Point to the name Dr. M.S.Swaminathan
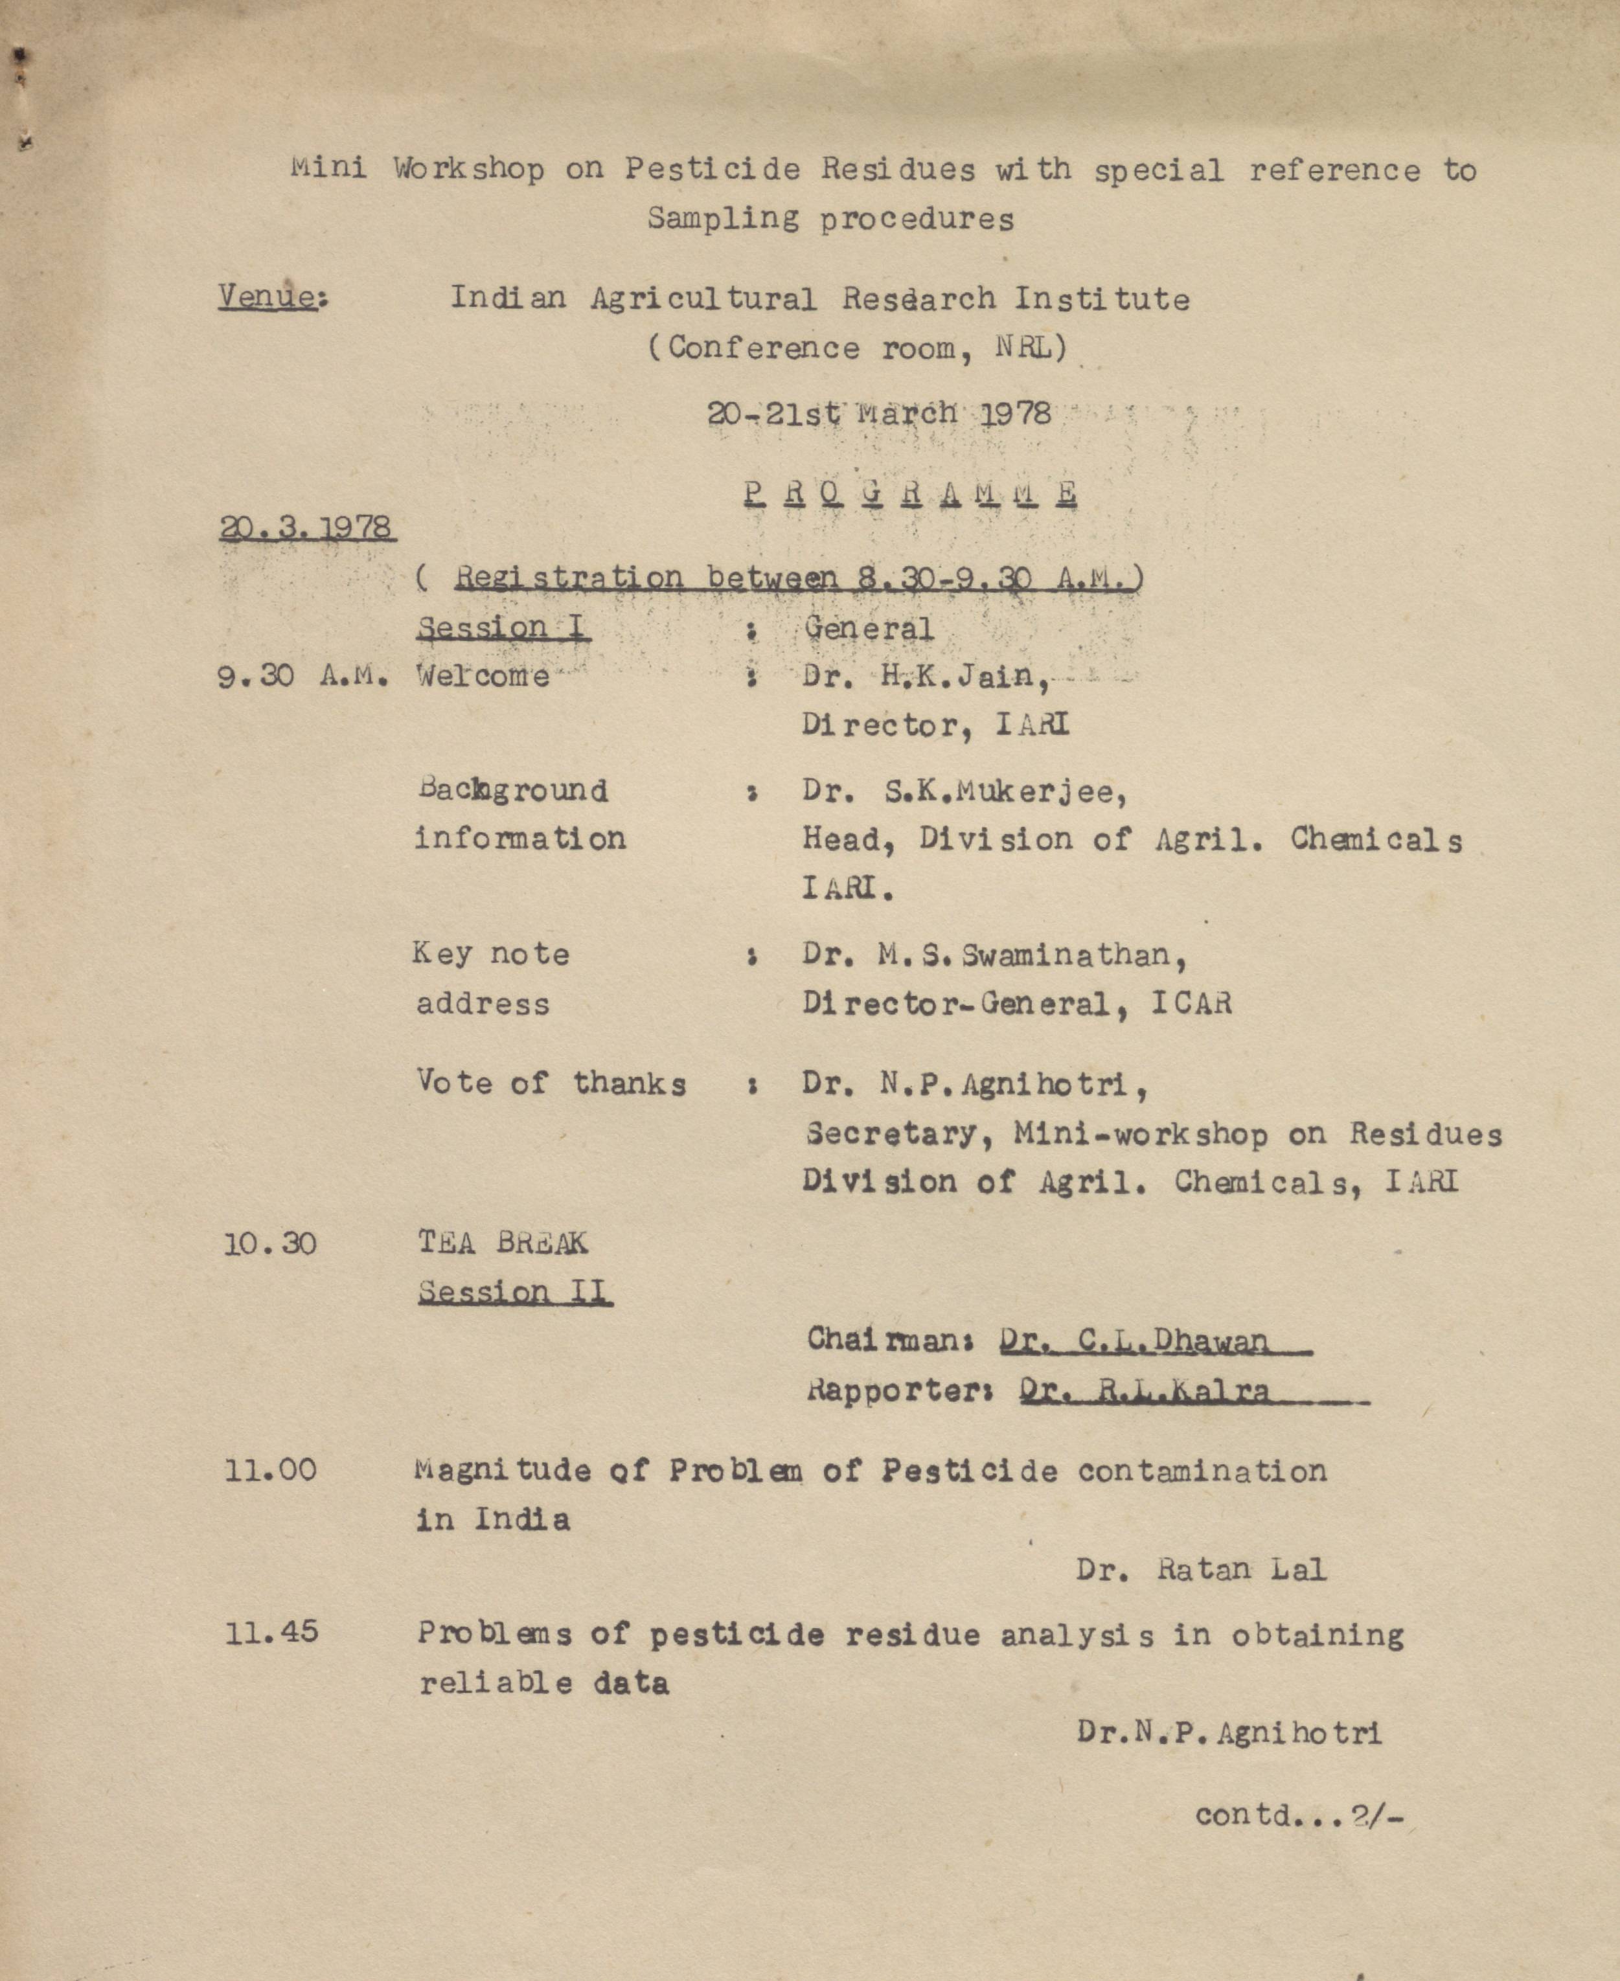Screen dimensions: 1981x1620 994,955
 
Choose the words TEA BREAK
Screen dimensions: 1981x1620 502,1242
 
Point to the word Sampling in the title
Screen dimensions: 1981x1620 722,218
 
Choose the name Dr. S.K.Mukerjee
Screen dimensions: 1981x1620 964,791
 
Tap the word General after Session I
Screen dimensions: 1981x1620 868,628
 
